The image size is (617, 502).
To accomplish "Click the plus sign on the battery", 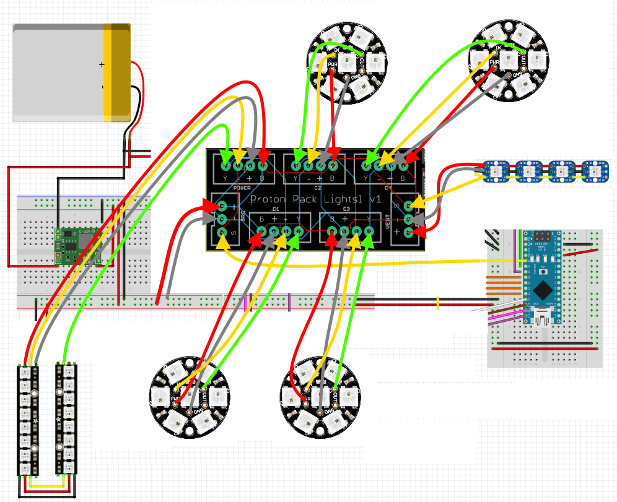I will click(x=102, y=64).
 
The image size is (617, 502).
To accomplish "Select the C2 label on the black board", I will click(x=318, y=186).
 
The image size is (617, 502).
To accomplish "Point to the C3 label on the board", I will click(x=346, y=210).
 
